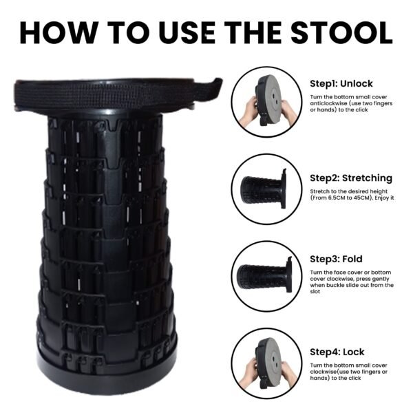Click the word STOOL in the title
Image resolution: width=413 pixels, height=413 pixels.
[341, 33]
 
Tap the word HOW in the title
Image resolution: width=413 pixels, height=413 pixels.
[59, 33]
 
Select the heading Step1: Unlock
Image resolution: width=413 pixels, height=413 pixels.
[341, 83]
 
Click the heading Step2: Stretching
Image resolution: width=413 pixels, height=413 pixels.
[351, 178]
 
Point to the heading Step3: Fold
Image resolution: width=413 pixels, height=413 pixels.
[336, 259]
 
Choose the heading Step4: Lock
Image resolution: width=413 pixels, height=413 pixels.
[337, 352]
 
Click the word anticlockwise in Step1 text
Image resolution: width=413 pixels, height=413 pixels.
[328, 103]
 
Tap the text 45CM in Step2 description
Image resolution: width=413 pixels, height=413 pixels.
[361, 198]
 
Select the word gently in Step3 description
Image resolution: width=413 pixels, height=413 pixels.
[380, 279]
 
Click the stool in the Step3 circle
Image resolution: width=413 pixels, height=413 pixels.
[264, 275]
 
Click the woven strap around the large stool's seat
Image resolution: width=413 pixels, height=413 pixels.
[116, 93]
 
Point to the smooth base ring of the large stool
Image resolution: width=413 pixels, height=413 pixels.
[107, 374]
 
